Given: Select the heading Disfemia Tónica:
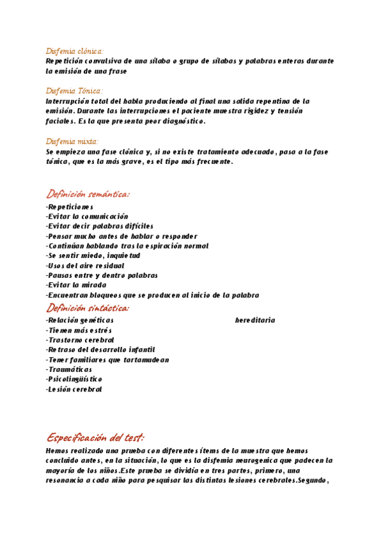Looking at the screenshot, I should [74, 91].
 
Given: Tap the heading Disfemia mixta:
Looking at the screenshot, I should [72, 141].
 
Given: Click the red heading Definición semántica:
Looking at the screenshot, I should [88, 194].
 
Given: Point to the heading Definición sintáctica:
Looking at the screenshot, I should [88, 308].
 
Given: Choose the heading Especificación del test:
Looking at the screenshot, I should [95, 437].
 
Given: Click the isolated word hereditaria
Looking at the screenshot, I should [255, 320].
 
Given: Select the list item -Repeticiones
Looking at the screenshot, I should [70, 207].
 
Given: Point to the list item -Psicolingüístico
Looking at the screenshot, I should [74, 379].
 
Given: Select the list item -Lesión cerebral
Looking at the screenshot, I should [74, 389].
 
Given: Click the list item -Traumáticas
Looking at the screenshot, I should [69, 369].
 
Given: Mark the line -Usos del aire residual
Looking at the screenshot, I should [85, 266].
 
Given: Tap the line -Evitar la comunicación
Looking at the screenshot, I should [87, 216].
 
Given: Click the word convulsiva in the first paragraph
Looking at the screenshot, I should [105, 61].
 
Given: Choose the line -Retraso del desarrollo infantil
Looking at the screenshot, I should [100, 350].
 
